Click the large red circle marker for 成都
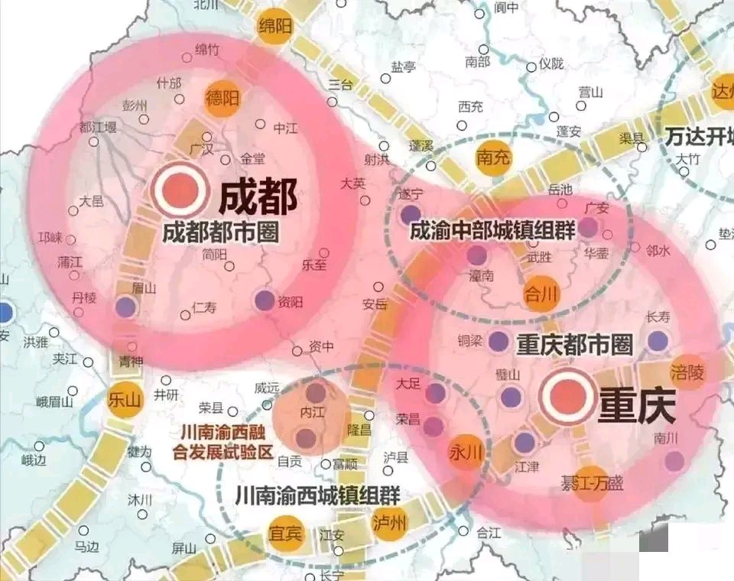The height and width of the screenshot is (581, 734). pos(180,190)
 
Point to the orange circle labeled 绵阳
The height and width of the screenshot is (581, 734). pos(277,26)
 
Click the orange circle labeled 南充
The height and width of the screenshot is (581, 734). pos(493,158)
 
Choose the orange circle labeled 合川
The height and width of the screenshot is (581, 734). pos(542,293)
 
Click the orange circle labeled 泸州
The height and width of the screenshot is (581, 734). pos(390,523)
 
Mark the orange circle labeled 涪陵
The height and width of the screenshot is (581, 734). pos(687,372)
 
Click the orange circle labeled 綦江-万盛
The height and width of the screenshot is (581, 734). pos(590,483)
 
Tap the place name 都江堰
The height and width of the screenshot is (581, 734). pos(97,128)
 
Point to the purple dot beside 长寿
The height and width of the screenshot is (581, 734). pos(658,341)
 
